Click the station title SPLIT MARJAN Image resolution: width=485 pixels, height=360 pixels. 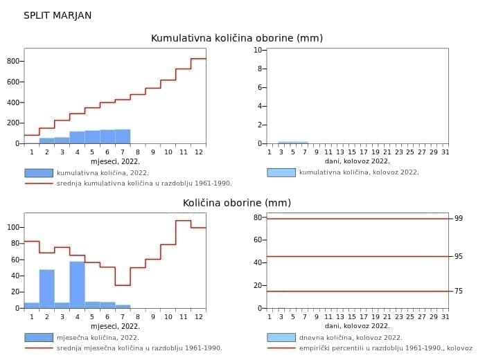tap(58, 15)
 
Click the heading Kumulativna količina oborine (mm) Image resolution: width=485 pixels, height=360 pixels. tap(237, 38)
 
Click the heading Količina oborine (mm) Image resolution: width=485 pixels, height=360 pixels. tap(237, 203)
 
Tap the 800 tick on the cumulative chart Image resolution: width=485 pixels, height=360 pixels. tap(12, 61)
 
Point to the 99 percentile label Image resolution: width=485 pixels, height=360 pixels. tap(458, 219)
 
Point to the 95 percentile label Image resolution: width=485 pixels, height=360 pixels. tap(458, 256)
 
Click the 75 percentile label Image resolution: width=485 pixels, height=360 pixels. tap(458, 291)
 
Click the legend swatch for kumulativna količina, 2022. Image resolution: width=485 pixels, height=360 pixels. tap(39, 173)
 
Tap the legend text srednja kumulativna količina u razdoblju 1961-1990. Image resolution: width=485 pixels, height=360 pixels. tap(144, 183)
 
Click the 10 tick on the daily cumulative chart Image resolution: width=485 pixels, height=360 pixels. tap(258, 50)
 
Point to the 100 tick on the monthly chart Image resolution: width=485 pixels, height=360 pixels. tap(12, 227)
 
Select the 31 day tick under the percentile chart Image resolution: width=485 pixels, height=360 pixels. tap(445, 317)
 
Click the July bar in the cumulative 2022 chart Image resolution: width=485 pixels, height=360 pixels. tap(123, 136)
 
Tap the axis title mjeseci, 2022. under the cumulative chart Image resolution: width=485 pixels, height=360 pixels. tap(115, 161)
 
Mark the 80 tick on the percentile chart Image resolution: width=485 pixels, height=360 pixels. tap(258, 217)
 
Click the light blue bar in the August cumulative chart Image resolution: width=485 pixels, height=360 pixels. tap(293, 142)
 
